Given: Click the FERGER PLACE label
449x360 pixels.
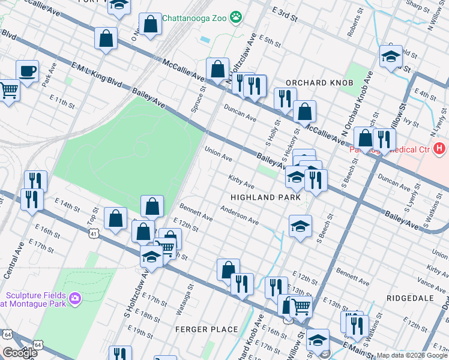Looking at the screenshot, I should pos(206,329).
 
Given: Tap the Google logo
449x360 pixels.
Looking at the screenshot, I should pos(20,353).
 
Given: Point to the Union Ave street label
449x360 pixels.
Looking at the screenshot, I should pos(218,154).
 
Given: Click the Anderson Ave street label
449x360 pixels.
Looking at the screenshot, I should pos(239,215).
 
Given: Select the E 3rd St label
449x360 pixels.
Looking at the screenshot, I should pos(285,15).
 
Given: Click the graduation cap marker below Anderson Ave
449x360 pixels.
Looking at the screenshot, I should pos(300,226).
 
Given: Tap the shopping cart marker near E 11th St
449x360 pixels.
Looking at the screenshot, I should pos(8,91).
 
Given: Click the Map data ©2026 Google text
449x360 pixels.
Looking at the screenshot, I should pos(412,355).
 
